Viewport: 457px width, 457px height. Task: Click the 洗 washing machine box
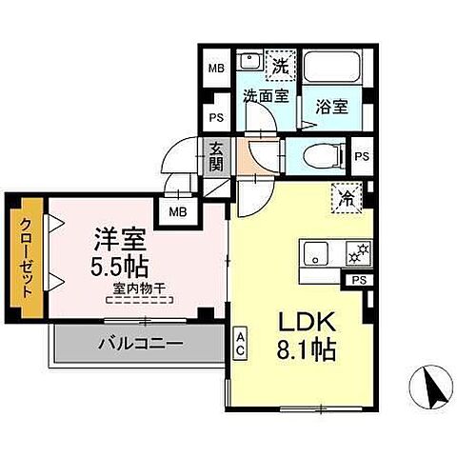click(x=280, y=66)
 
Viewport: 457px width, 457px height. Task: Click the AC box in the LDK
click(x=241, y=342)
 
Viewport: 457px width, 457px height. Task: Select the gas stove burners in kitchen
click(x=359, y=252)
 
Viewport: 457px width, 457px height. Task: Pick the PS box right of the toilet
click(x=361, y=156)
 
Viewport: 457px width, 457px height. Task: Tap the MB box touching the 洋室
click(x=177, y=211)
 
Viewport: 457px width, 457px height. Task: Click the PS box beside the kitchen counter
click(x=358, y=280)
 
